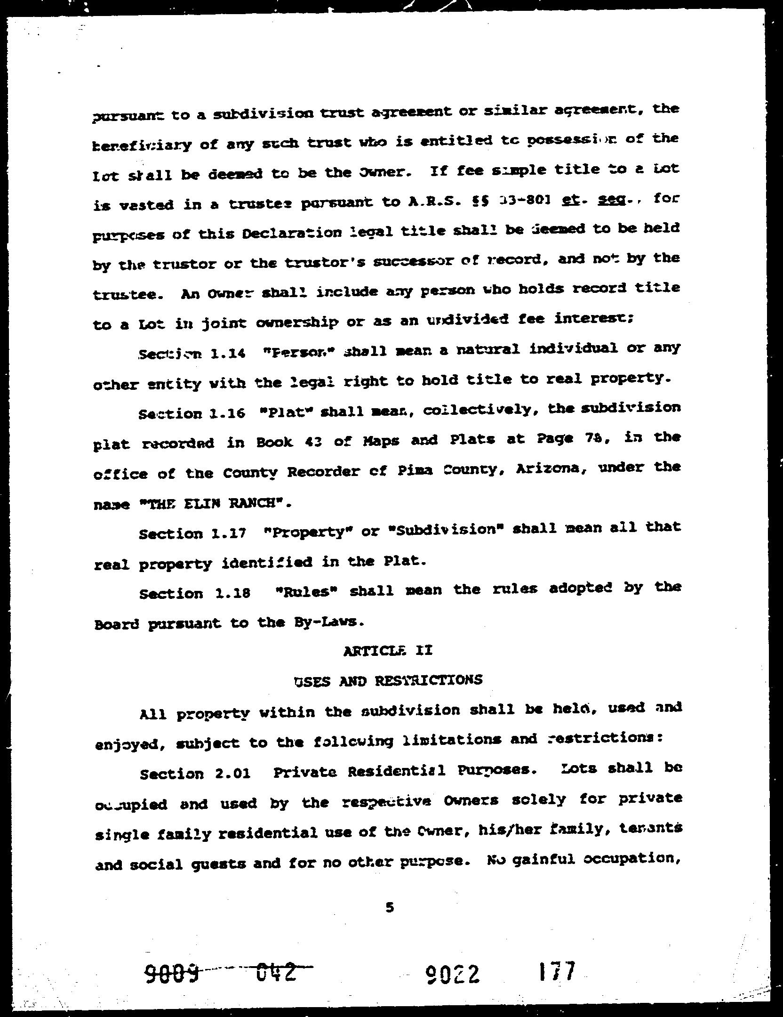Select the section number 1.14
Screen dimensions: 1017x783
228,354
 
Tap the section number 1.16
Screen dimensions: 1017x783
228,413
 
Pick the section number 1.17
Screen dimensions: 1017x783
229,533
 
